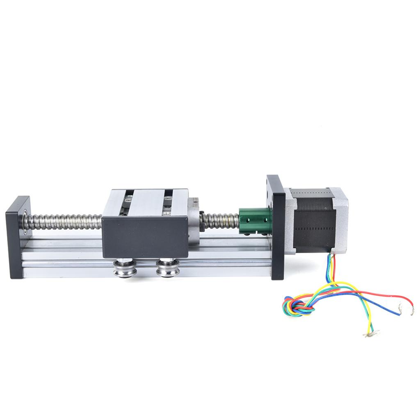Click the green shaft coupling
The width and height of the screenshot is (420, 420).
(254, 221)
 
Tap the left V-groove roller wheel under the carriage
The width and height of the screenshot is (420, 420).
(125, 269)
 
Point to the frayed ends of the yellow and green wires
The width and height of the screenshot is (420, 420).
(371, 333)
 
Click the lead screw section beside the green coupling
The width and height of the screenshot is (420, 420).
(221, 220)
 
